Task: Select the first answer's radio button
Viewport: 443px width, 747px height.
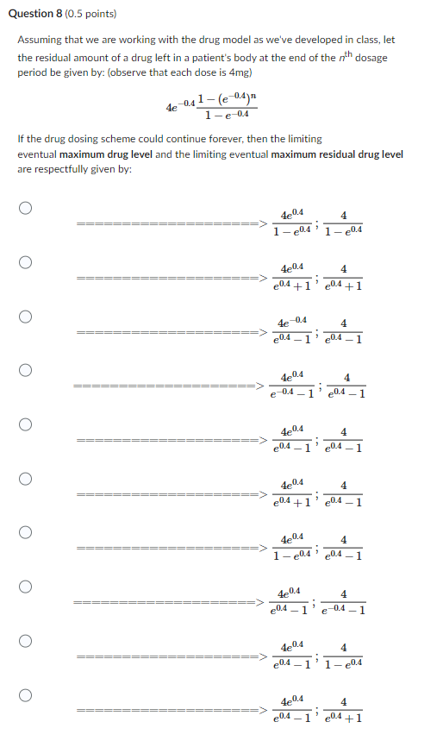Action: [27, 208]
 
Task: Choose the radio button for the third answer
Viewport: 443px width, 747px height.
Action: [27, 316]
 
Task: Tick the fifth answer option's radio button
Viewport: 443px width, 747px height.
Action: [27, 424]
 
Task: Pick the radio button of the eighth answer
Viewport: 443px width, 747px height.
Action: [27, 587]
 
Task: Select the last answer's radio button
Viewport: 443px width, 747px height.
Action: [27, 695]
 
